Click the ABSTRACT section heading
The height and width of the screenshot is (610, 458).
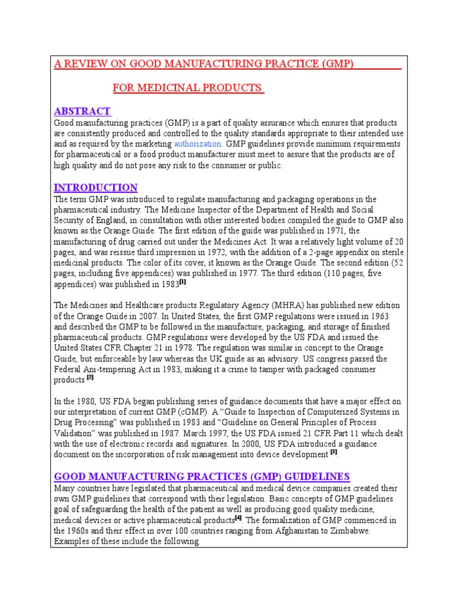pos(82,111)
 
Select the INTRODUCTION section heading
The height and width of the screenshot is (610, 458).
pos(95,188)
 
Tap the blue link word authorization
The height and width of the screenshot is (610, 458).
pos(198,144)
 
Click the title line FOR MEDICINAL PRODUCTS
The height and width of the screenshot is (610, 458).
pos(188,88)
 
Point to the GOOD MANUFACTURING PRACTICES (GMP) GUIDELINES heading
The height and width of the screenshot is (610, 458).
pos(202,477)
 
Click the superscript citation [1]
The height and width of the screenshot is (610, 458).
pos(183,282)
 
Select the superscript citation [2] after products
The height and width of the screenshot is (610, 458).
pos(90,378)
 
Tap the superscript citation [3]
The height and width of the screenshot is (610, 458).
pos(334,453)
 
